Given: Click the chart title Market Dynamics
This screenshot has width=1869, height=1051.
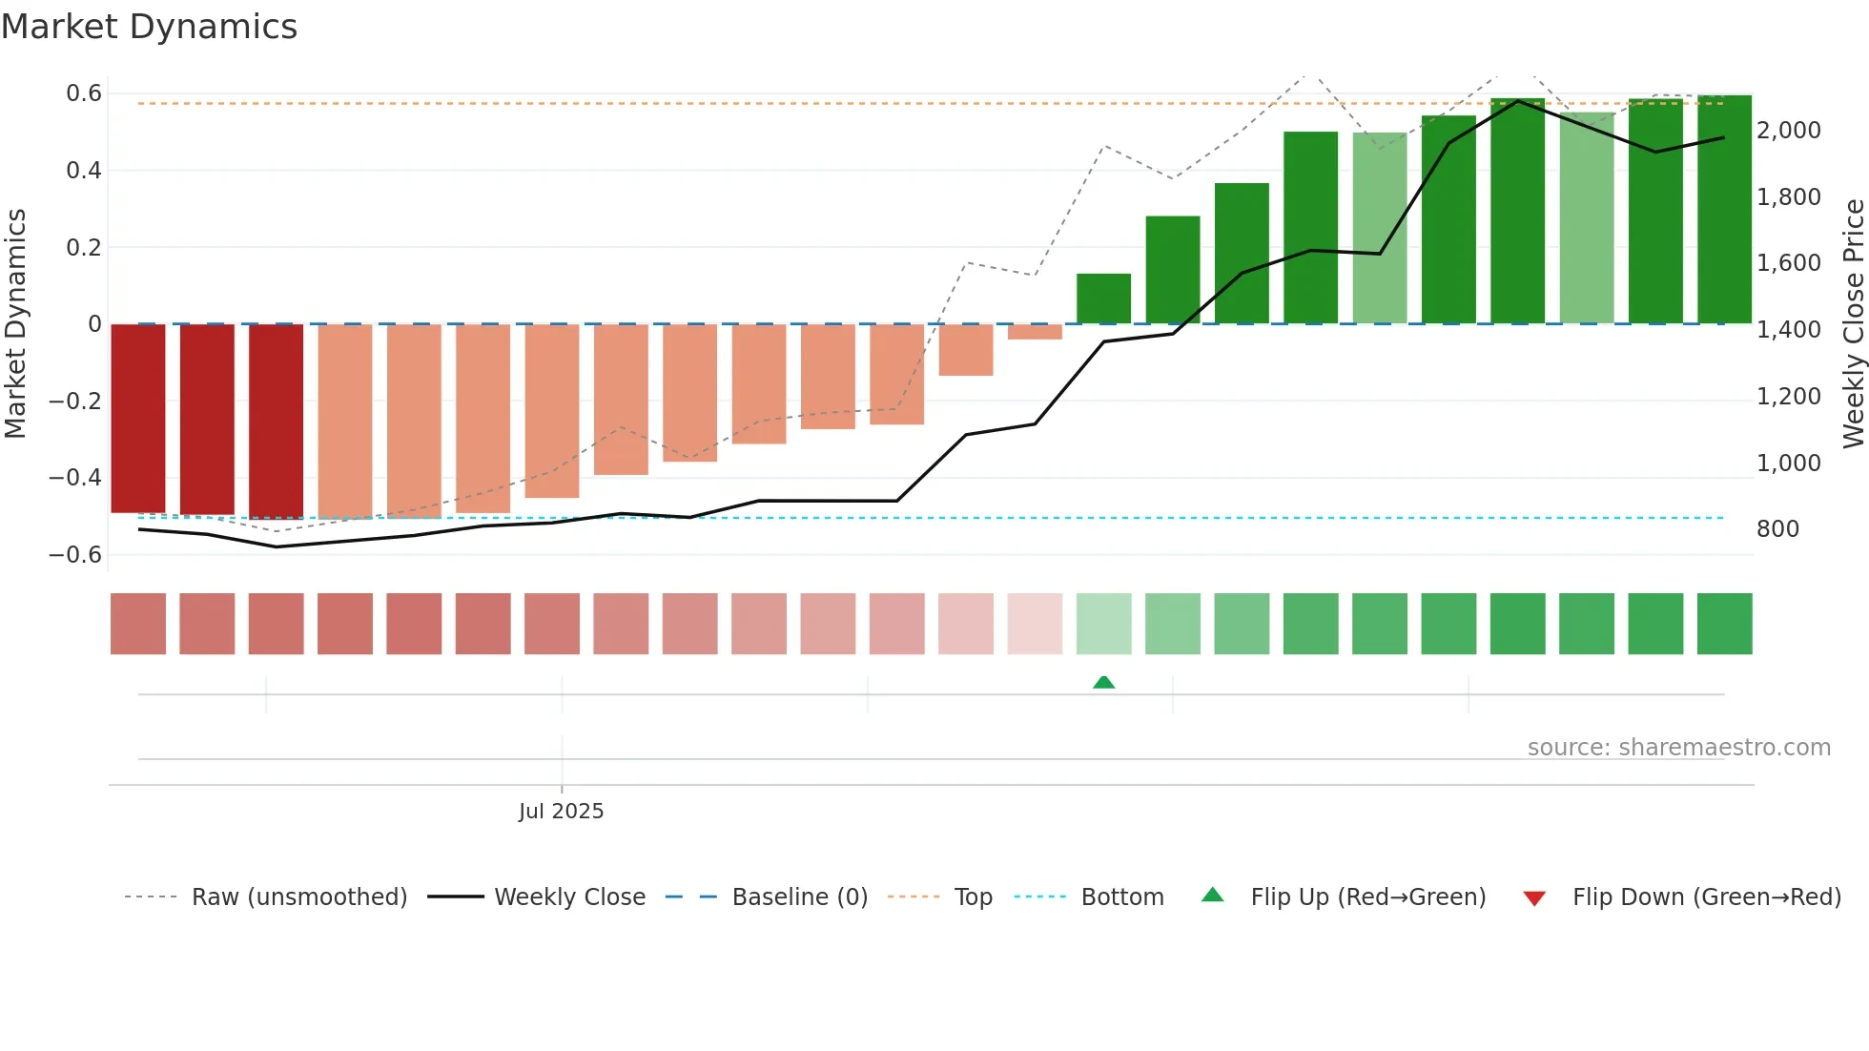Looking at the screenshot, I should (149, 27).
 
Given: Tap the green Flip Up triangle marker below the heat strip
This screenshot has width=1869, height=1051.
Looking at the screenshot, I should (1103, 682).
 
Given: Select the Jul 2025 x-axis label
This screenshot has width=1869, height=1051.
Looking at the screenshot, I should (561, 811).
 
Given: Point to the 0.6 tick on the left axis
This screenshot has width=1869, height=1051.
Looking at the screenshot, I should (84, 93).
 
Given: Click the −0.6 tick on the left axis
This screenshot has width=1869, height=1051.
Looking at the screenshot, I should (76, 554).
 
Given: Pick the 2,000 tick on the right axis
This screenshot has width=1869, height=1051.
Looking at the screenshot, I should (1788, 131).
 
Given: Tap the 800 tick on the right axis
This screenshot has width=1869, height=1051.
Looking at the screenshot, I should (1777, 529).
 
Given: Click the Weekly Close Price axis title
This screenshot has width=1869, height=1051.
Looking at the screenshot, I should (1853, 323).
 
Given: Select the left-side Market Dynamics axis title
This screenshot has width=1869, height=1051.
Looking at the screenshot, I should (15, 323).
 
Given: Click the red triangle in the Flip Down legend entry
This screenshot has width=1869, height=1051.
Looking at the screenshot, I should (1534, 898).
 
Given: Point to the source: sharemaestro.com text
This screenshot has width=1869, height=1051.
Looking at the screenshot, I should (1678, 748).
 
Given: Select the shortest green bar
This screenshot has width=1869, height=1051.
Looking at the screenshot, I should (1103, 299).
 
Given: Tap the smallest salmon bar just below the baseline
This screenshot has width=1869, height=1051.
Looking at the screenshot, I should (1035, 332).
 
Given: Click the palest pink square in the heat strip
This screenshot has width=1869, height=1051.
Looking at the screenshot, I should (1035, 624).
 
